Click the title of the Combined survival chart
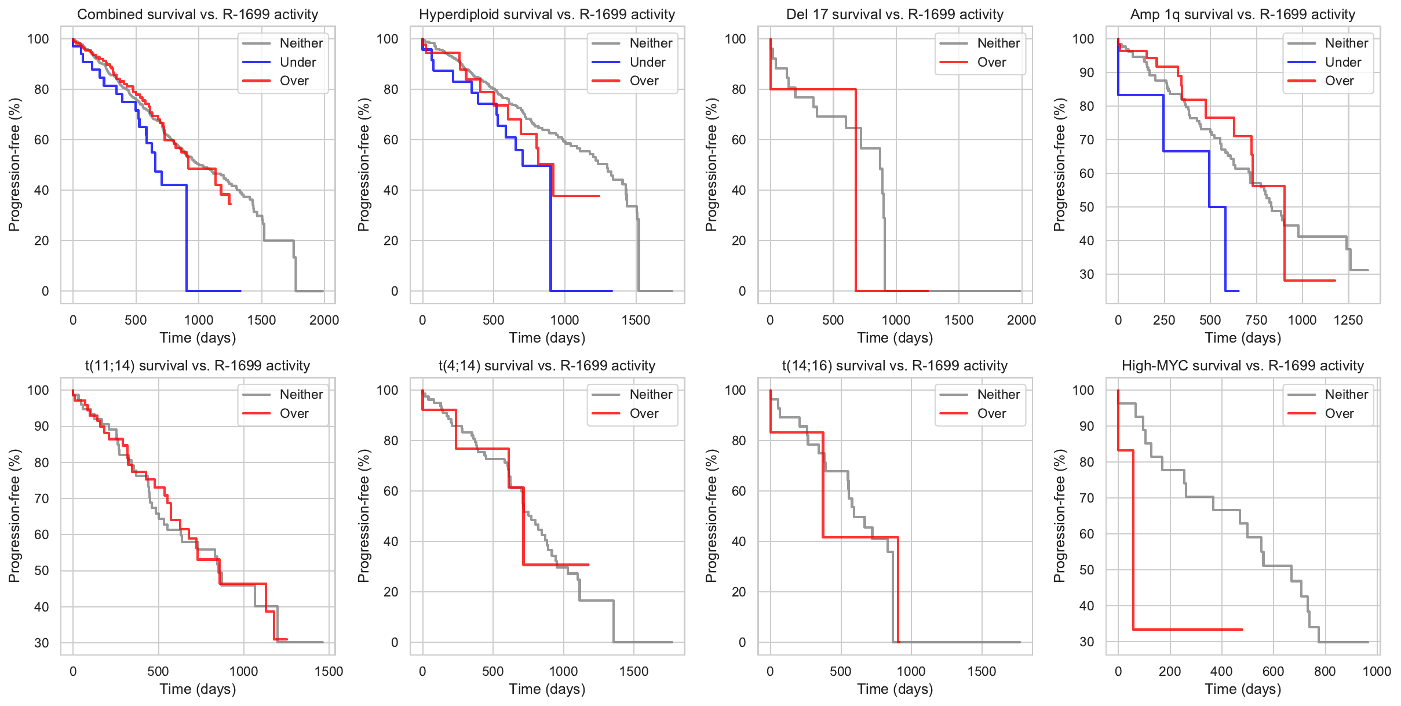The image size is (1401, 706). pos(198,14)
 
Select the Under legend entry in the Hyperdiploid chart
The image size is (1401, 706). pos(647,62)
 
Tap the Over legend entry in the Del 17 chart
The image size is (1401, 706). pos(991,62)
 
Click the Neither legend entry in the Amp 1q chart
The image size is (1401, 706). pos(1346,43)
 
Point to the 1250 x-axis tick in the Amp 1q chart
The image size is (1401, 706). pos(1348,320)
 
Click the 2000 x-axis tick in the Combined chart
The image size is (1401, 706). pos(324,320)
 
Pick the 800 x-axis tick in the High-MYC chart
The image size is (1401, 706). pos(1325,671)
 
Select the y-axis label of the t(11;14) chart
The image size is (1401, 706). pos(14,516)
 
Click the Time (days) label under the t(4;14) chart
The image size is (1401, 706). pos(547,689)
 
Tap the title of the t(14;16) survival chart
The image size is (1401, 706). pos(895,366)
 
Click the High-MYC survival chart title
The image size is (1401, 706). pos(1242,366)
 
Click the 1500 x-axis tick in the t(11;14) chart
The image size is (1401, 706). pos(329,671)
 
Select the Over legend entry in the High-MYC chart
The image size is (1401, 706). pos(1339,413)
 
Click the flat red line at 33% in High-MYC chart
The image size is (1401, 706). pos(1188,629)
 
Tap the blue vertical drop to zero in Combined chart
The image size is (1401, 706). pos(187,238)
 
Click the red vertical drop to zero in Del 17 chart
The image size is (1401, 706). pos(856,191)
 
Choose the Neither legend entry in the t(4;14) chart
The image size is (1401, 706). pos(650,394)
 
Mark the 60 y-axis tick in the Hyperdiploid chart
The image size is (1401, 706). pos(391,140)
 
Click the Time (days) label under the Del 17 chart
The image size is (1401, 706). pos(895,337)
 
